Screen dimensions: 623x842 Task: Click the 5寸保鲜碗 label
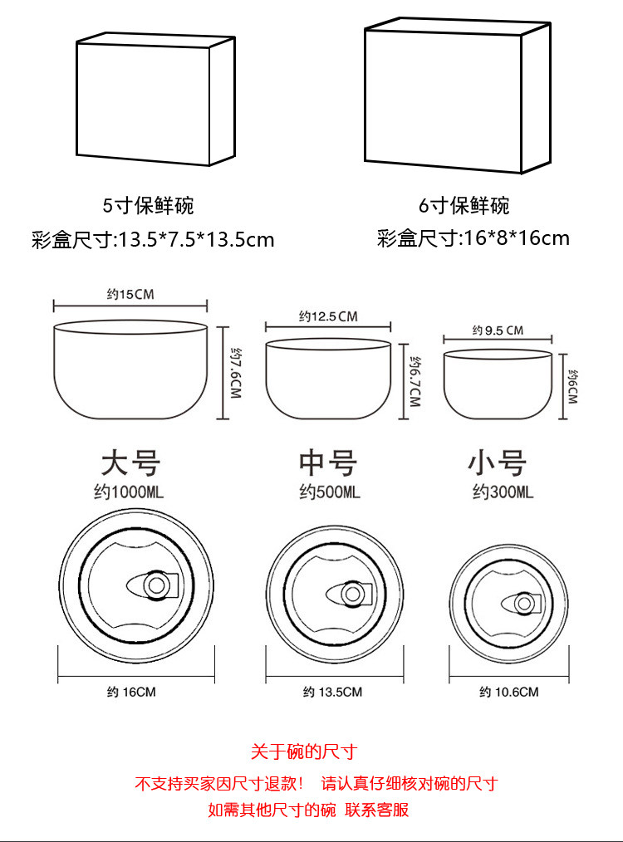pos(148,206)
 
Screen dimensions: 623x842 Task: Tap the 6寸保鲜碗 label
pos(464,206)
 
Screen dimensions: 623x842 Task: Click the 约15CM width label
pos(130,294)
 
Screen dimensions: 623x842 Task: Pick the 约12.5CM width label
pos(328,316)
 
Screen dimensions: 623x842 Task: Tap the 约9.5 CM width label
pos(498,330)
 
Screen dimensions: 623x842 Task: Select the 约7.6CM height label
pos(236,373)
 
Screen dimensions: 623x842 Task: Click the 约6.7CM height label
pos(415,381)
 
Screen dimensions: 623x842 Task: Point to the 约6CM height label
pos(572,387)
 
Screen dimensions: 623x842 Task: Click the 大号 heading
pos(130,463)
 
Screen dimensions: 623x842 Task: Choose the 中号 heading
pos(328,463)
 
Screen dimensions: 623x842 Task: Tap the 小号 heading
pos(498,463)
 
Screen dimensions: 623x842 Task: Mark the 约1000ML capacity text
pos(129,492)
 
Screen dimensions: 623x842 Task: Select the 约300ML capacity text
pos(503,492)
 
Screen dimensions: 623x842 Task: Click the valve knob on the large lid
pos(156,585)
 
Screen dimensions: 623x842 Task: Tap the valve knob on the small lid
pos(525,604)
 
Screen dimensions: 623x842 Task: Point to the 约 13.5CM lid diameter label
pos(332,693)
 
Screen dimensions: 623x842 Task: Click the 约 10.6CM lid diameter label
pos(508,693)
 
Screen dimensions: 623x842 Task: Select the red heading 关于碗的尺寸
pos(304,751)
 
